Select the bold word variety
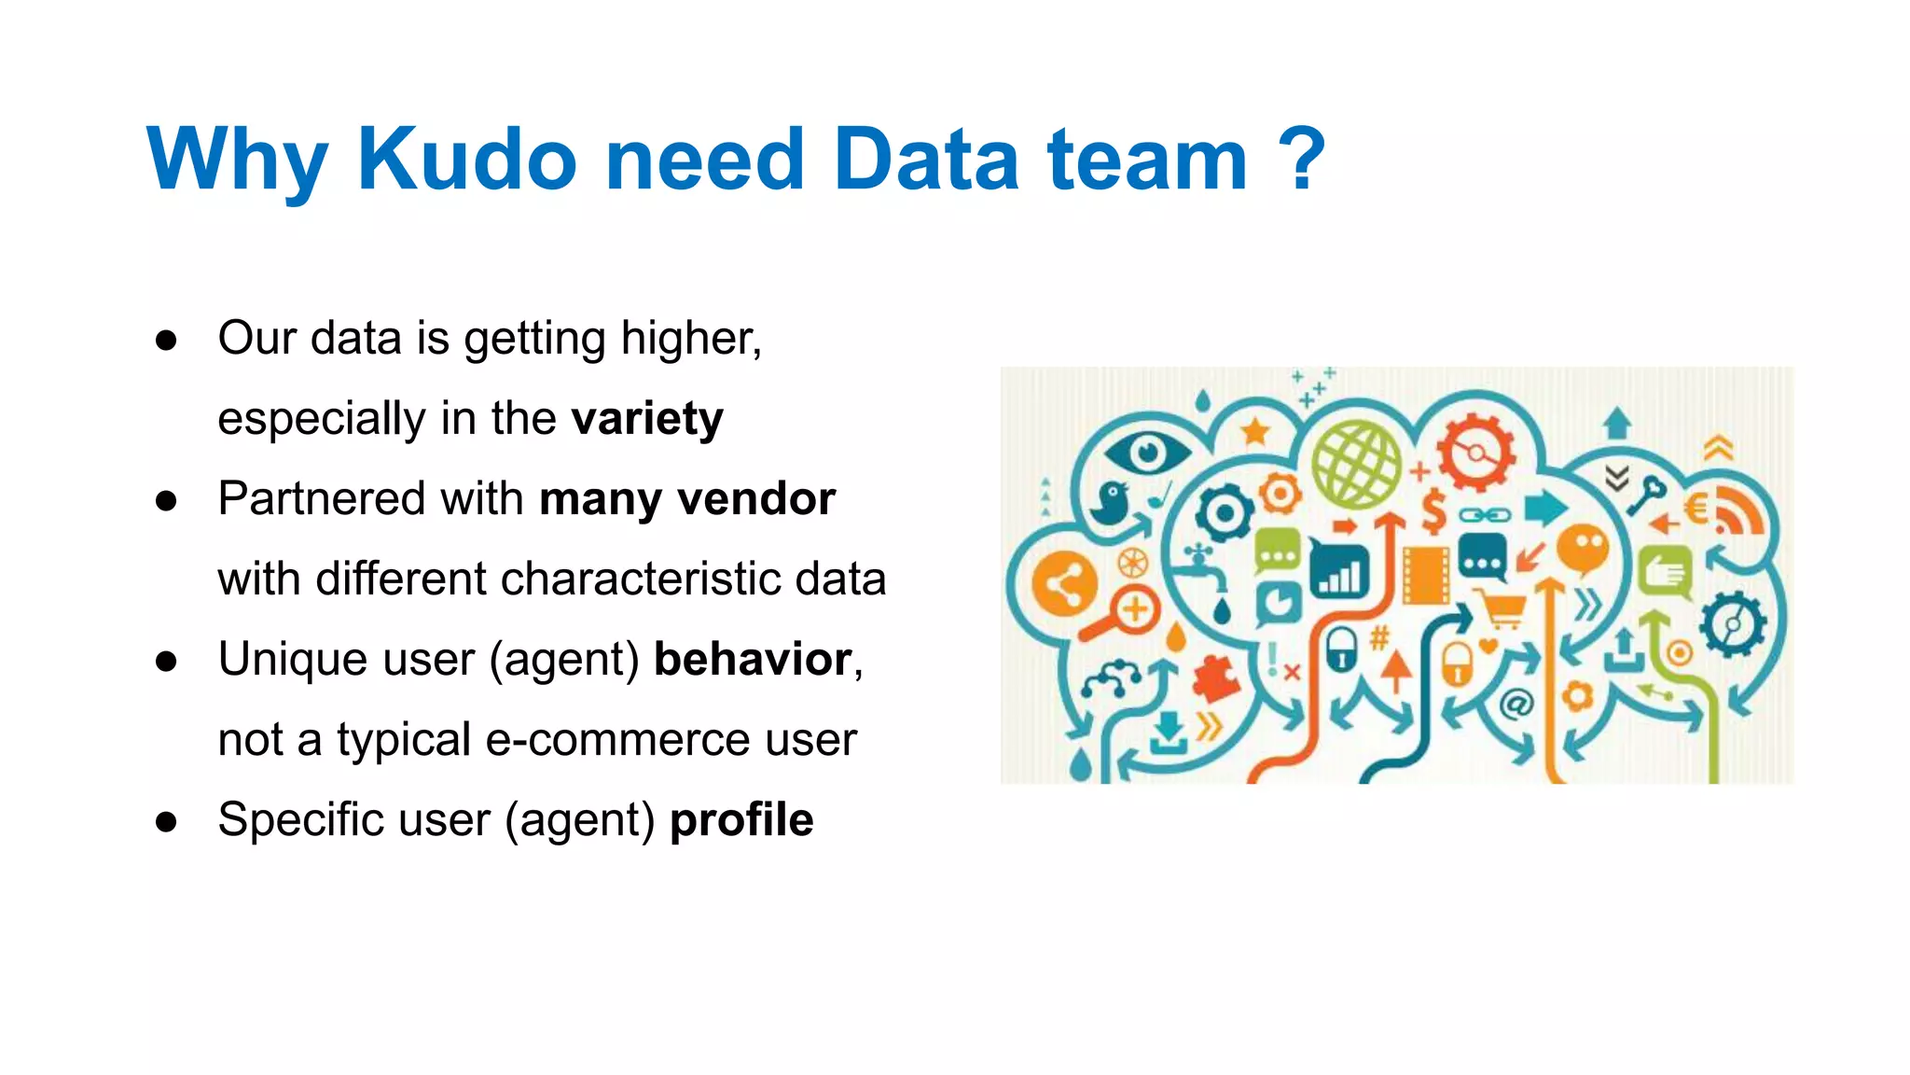(x=647, y=419)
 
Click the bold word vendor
(x=756, y=499)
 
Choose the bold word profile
(x=741, y=820)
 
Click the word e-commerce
(x=618, y=740)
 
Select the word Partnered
(x=322, y=499)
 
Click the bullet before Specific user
(x=167, y=822)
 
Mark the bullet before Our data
(x=167, y=341)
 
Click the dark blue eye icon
(x=1147, y=454)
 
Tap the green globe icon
(x=1356, y=464)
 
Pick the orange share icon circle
(x=1063, y=586)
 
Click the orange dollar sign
(x=1433, y=511)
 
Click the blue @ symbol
(x=1516, y=704)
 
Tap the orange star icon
(x=1255, y=431)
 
